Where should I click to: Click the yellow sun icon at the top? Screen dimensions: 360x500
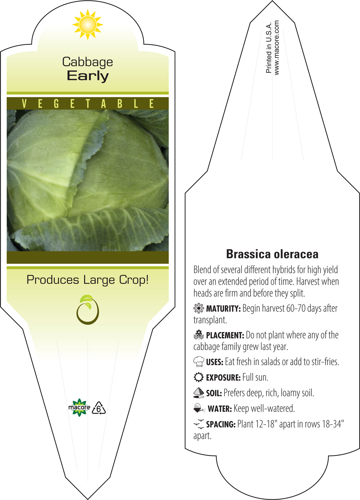[x=88, y=25]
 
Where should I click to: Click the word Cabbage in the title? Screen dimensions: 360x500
[x=88, y=62]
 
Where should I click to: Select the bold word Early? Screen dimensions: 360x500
[x=88, y=76]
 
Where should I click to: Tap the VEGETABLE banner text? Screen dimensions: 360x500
[x=88, y=104]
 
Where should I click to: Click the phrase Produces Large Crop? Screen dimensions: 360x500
[x=88, y=280]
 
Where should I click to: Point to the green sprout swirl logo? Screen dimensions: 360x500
[x=88, y=310]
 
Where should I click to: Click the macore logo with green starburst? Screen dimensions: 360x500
[x=79, y=408]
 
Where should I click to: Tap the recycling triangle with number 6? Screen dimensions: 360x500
[x=99, y=408]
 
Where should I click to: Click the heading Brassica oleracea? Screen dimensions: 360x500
[x=272, y=254]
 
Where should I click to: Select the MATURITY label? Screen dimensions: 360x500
[x=223, y=309]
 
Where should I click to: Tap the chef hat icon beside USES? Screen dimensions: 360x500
[x=199, y=362]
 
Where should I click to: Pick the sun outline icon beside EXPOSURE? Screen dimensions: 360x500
[x=199, y=378]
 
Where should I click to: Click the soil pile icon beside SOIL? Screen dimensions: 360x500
[x=199, y=393]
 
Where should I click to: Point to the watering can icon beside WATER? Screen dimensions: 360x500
[x=199, y=408]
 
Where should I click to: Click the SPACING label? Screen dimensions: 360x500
[x=221, y=424]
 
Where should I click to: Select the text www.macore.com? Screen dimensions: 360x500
[x=276, y=47]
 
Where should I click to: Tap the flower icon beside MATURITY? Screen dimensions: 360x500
[x=199, y=308]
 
